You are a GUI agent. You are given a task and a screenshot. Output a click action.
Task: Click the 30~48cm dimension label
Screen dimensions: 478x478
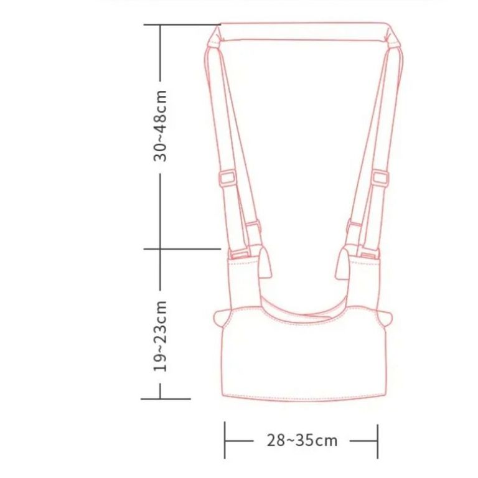161,126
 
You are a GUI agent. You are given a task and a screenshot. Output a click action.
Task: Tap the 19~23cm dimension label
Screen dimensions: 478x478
161,336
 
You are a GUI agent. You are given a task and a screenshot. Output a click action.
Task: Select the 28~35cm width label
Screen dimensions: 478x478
302,441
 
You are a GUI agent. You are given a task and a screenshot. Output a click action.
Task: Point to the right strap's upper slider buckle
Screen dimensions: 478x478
380,178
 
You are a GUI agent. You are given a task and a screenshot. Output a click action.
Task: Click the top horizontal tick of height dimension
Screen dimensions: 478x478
182,24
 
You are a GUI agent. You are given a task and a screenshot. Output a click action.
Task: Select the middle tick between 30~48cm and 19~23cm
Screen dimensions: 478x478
182,249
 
